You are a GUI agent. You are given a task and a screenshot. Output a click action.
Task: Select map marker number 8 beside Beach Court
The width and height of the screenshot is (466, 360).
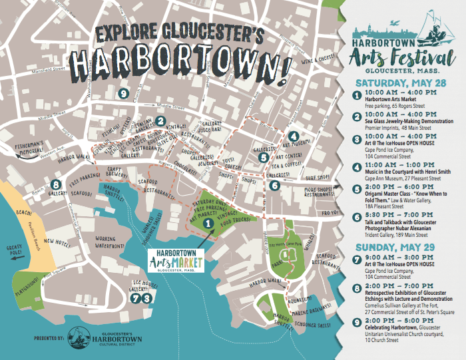56,184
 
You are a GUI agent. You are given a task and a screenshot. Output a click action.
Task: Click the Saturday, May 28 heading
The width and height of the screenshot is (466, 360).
391,84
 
